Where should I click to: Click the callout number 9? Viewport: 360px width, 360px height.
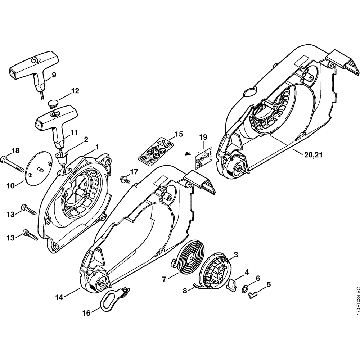tap(54, 75)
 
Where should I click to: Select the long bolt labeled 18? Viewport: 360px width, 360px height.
tap(14, 162)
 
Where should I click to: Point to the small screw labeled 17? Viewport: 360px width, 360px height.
tap(126, 178)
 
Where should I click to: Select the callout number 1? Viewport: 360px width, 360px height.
tap(97, 147)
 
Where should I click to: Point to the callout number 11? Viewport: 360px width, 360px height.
tap(74, 132)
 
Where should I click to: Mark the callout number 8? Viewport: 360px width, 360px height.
tap(185, 291)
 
